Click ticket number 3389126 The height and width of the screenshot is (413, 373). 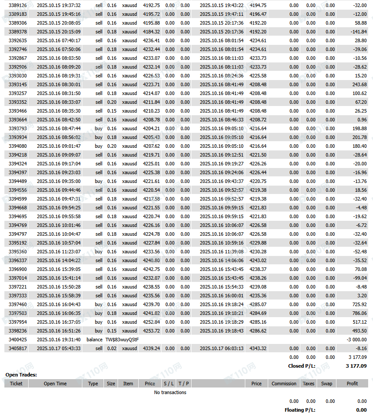18,5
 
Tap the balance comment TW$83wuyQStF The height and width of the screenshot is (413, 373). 122,340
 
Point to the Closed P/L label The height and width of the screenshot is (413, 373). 302,366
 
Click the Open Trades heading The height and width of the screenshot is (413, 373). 21,375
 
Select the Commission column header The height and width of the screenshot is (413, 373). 284,384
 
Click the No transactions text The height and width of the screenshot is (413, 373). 170,392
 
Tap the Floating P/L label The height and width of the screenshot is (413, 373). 300,410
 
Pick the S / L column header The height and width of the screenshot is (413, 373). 169,384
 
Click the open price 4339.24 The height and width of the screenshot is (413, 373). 151,348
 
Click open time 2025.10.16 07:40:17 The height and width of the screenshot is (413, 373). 59,40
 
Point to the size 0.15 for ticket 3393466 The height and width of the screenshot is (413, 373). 112,111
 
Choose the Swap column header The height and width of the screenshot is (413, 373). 327,384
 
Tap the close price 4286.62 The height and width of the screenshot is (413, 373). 258,331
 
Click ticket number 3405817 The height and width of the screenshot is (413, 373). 18,348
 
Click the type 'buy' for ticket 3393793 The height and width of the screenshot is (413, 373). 99,128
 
